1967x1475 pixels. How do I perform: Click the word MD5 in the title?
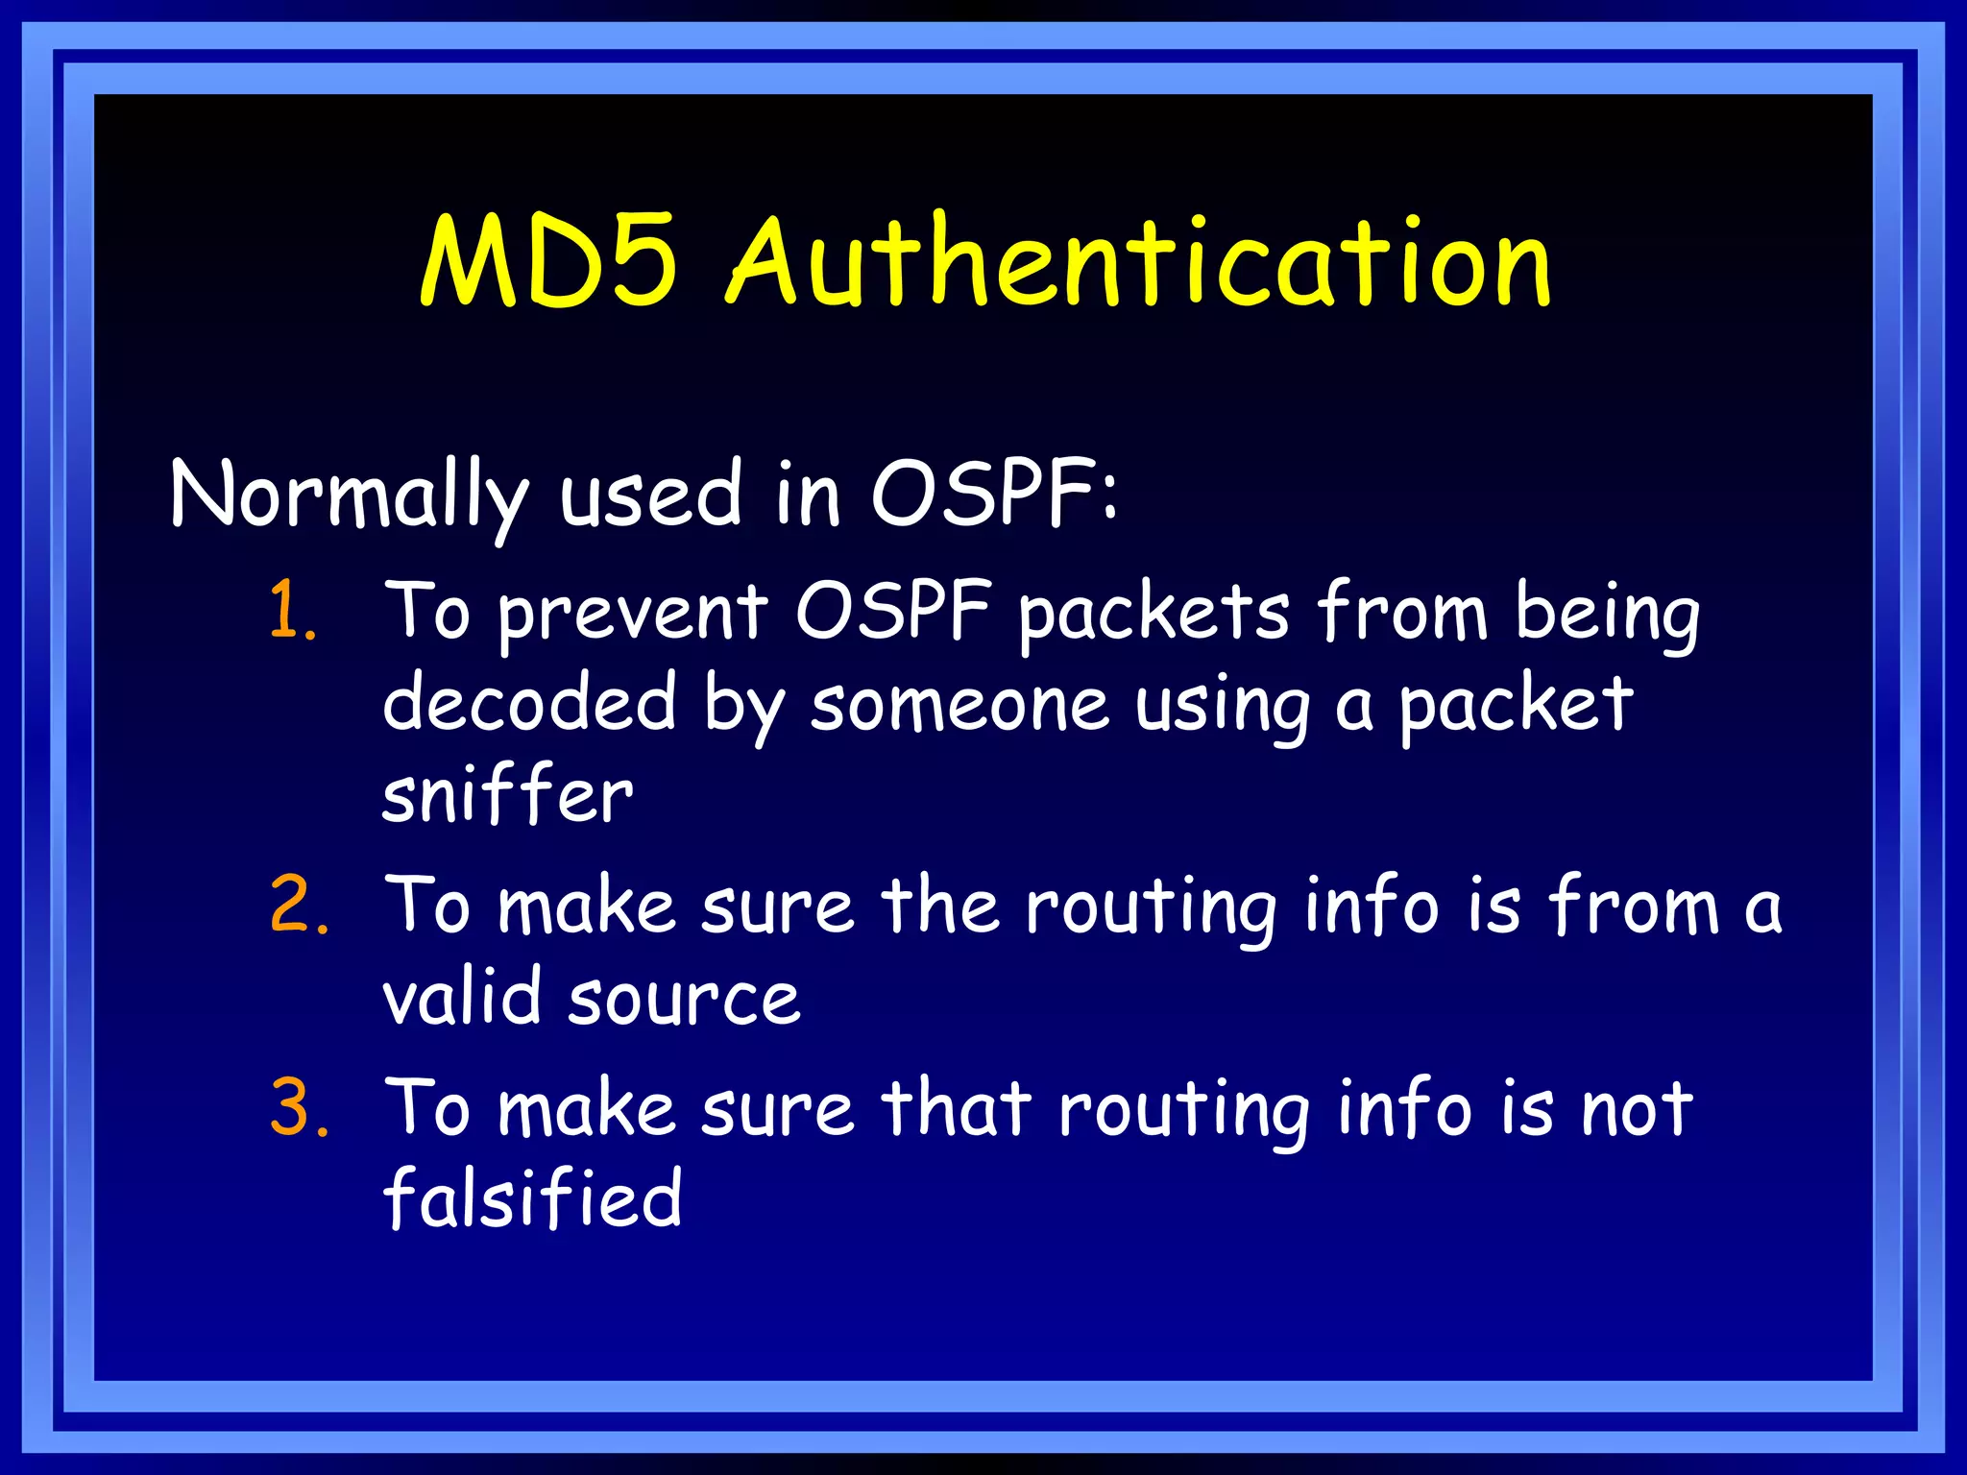549,261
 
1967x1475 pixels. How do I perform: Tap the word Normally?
349,496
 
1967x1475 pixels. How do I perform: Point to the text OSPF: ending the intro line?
994,494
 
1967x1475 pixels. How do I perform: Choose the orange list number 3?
299,1108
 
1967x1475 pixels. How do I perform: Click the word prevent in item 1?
633,615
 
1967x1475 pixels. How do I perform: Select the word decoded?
529,703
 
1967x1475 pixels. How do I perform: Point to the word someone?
959,705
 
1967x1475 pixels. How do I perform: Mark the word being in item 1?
1607,615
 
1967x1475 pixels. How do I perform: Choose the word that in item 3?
957,1108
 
